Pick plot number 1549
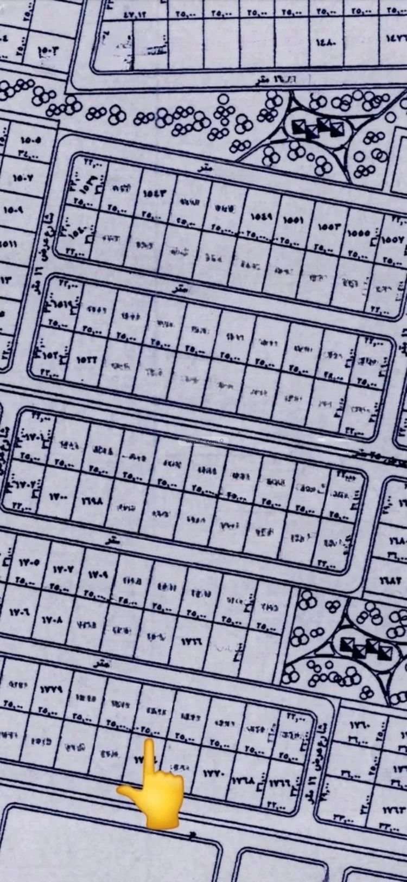(x=262, y=216)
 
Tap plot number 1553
(x=333, y=225)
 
